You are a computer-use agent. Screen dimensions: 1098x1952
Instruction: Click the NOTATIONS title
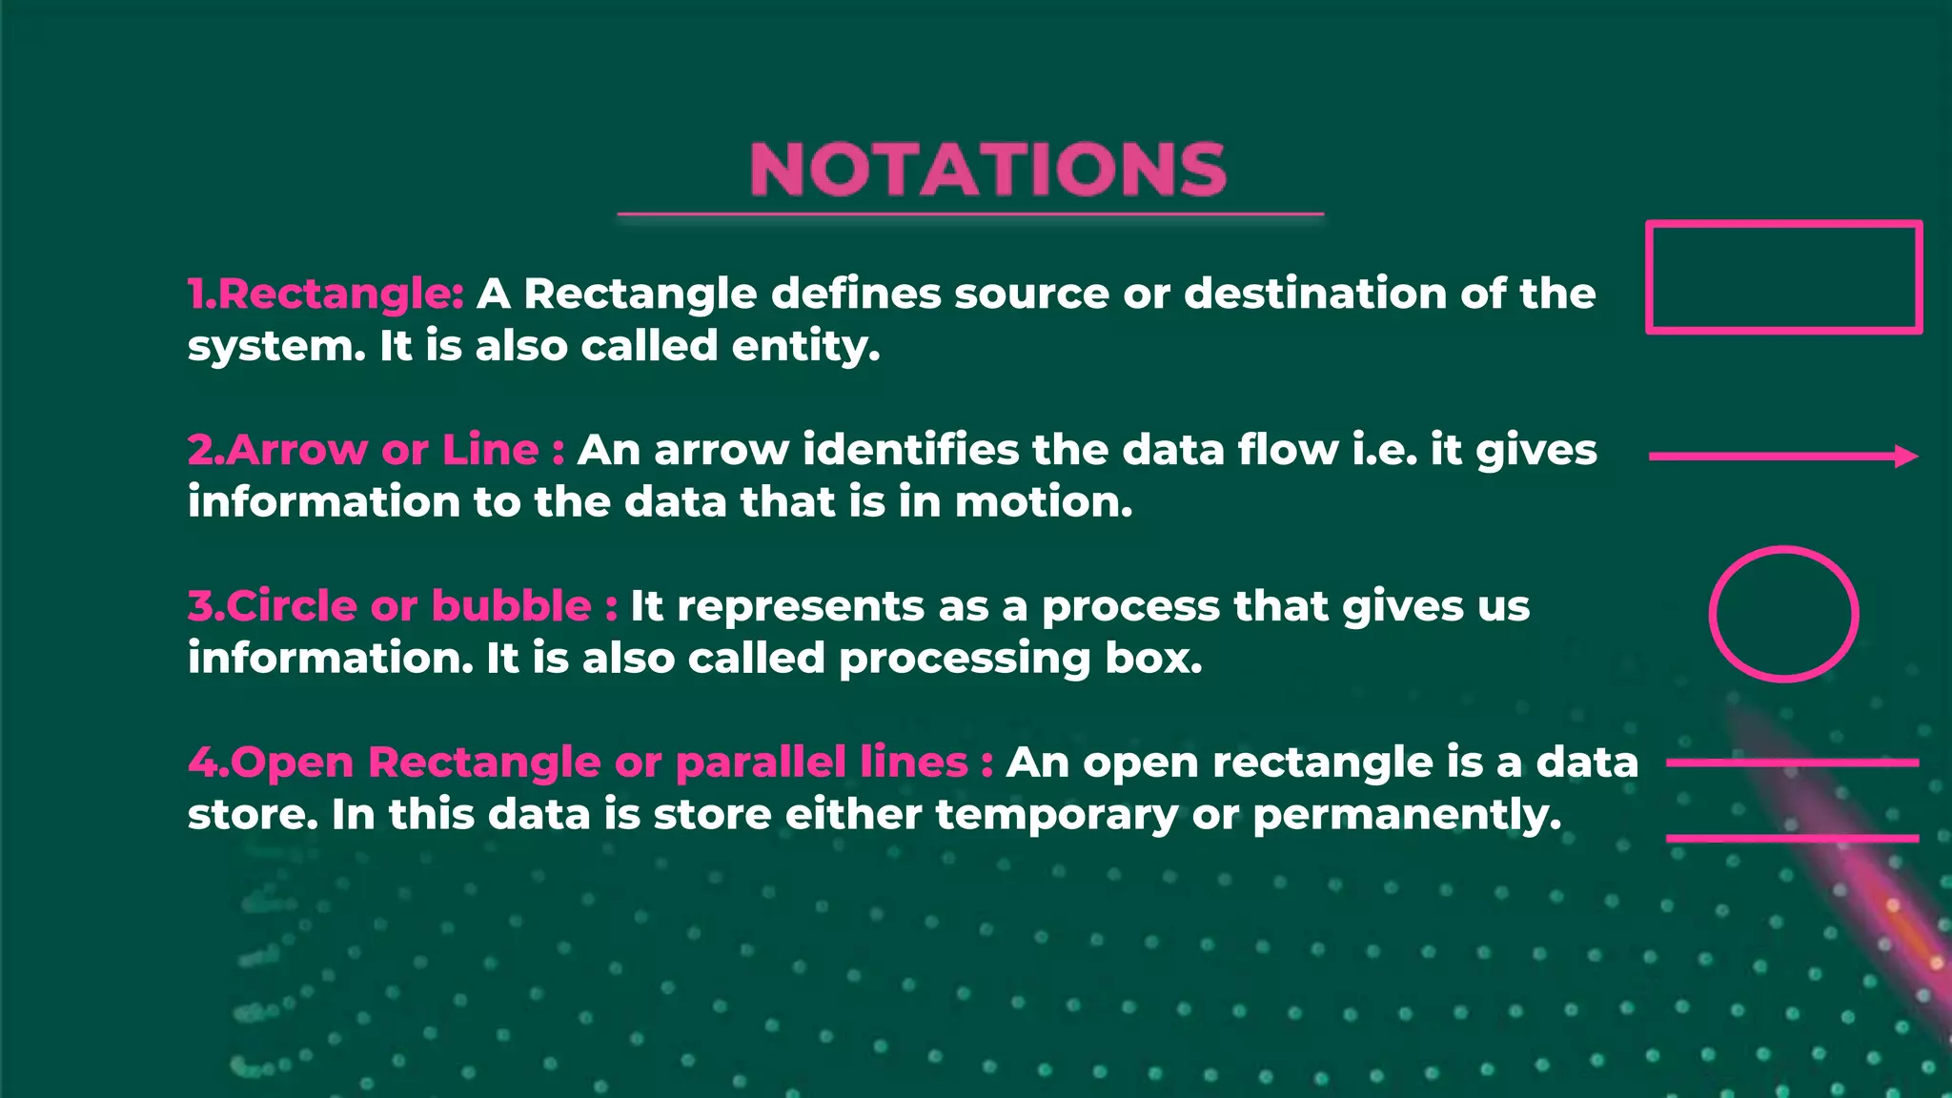(x=988, y=170)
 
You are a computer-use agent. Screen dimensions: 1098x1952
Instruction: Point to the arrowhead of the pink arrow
(x=1906, y=457)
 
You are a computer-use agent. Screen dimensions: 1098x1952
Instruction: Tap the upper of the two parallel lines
(x=1792, y=762)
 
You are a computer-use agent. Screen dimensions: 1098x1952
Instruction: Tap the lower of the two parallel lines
(x=1792, y=838)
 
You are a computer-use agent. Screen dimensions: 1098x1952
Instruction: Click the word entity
(x=805, y=347)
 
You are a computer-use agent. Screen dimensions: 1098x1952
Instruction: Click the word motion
(x=1044, y=502)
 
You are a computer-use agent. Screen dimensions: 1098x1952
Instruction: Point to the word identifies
(x=910, y=450)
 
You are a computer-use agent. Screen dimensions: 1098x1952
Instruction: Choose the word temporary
(x=1057, y=816)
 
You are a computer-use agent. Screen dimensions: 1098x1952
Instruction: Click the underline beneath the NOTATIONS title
(x=970, y=214)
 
